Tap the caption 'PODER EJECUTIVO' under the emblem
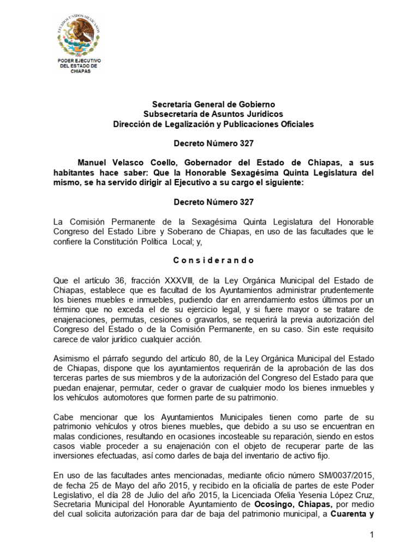83,60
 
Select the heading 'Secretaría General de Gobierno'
213,104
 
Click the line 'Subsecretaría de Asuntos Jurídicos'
213,114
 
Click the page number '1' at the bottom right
371,536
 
